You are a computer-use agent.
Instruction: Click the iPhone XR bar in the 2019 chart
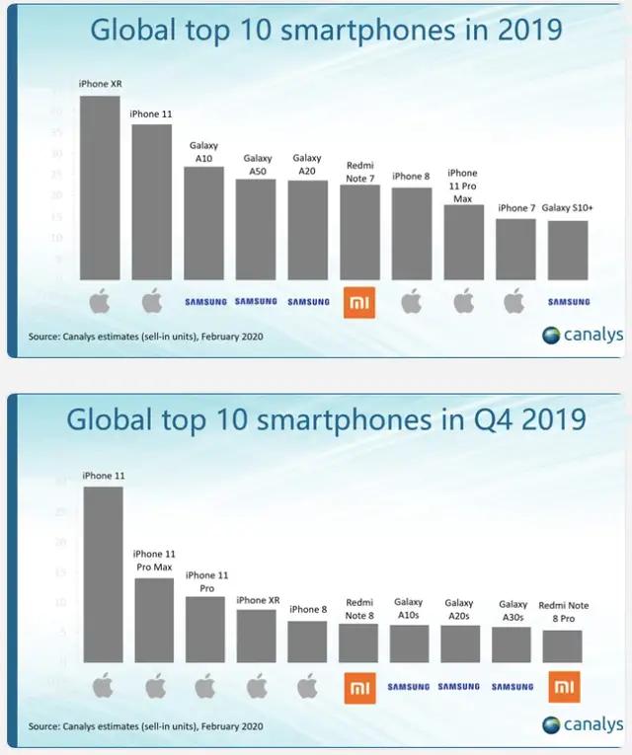pyautogui.click(x=99, y=188)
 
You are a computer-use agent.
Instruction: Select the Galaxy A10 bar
pyautogui.click(x=204, y=223)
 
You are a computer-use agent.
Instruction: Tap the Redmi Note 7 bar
pyautogui.click(x=359, y=232)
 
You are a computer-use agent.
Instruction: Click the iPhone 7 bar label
pyautogui.click(x=516, y=208)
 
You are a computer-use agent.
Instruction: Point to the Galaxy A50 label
pyautogui.click(x=257, y=165)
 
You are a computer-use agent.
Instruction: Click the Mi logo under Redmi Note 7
pyautogui.click(x=359, y=303)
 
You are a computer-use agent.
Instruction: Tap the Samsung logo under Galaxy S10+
pyautogui.click(x=568, y=302)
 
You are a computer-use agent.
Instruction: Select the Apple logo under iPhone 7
pyautogui.click(x=514, y=302)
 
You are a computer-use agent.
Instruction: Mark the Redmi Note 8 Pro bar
pyautogui.click(x=561, y=645)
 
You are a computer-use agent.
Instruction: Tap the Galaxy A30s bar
pyautogui.click(x=512, y=643)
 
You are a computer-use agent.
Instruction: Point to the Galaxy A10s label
pyautogui.click(x=408, y=608)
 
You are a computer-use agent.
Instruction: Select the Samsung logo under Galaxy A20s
pyautogui.click(x=459, y=686)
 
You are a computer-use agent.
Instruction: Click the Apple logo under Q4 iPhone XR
pyautogui.click(x=257, y=686)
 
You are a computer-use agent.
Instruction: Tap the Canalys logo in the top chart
pyautogui.click(x=583, y=335)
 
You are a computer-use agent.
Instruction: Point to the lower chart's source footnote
pyautogui.click(x=146, y=726)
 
